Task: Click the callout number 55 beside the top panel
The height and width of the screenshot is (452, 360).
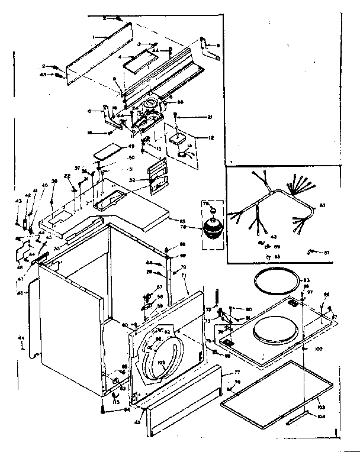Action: (183, 220)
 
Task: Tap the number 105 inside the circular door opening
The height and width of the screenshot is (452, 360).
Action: (161, 362)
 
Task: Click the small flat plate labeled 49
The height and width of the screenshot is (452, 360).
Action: (108, 147)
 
